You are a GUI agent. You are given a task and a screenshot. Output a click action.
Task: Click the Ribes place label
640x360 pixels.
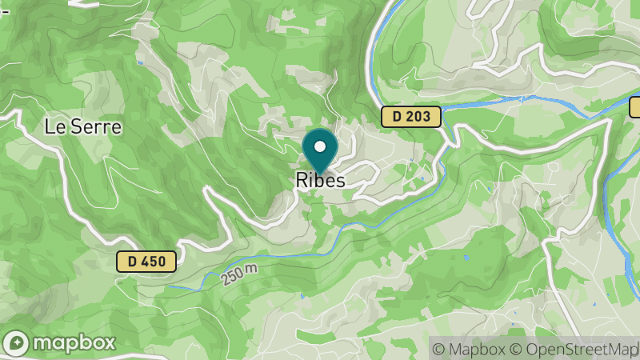(x=320, y=180)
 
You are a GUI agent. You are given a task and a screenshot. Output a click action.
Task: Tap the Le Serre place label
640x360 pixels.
(x=82, y=126)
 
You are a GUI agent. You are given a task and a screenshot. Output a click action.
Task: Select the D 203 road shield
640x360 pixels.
(x=411, y=117)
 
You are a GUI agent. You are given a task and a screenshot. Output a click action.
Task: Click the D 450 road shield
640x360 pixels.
(x=146, y=261)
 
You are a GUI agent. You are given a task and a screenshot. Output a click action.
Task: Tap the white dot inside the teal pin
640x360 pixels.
(x=320, y=146)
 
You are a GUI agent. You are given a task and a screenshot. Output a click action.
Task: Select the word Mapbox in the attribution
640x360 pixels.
(x=476, y=349)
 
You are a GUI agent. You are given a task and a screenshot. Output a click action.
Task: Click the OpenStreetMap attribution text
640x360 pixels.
(x=581, y=349)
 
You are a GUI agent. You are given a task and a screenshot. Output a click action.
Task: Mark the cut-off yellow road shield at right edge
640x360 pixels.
(x=635, y=106)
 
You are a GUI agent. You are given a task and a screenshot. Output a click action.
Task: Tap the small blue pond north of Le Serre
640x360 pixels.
(x=141, y=62)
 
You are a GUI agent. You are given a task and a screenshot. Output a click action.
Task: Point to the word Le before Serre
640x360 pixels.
(x=54, y=126)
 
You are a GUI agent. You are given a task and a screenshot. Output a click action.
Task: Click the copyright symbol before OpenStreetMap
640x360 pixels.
(x=515, y=349)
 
